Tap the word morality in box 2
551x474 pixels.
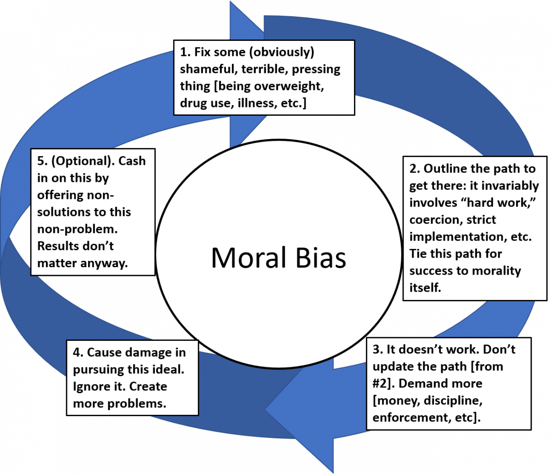point(499,270)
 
